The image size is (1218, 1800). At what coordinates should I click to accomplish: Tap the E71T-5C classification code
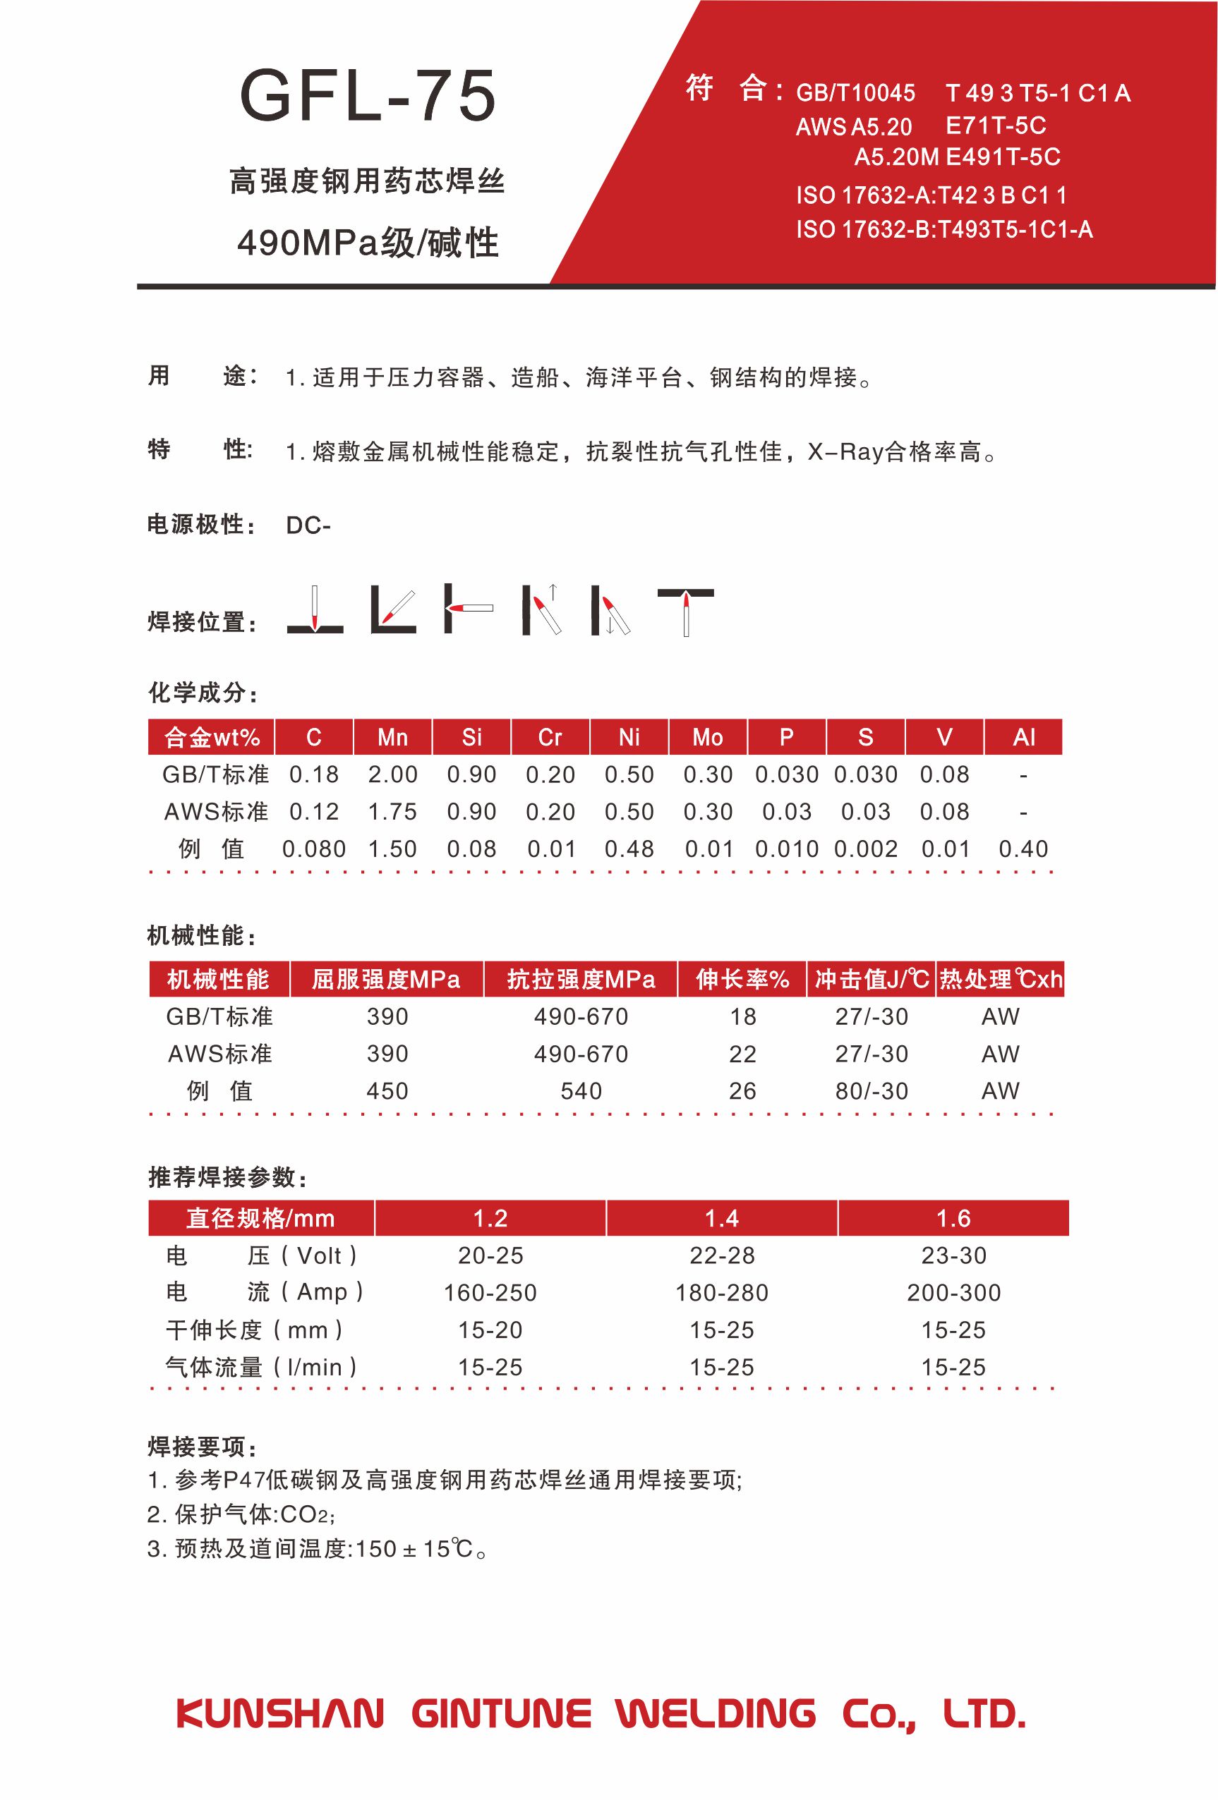995,126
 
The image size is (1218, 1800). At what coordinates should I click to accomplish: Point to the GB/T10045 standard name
855,94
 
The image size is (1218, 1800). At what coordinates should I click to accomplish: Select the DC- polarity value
308,525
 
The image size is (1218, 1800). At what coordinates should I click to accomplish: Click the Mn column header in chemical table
392,737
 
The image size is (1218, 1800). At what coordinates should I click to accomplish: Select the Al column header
1023,737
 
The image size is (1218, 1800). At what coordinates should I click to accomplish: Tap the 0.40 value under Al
1023,849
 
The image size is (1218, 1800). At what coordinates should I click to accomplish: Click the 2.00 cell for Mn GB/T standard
392,774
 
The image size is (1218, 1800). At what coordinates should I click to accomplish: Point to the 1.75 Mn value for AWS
392,812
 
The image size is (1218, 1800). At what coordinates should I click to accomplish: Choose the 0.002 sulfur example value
865,849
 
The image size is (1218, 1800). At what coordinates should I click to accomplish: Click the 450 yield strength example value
387,1091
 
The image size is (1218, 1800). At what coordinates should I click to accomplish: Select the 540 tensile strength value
580,1091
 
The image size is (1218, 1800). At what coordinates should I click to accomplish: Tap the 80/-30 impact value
871,1091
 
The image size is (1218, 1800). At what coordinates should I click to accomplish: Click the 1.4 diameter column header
721,1218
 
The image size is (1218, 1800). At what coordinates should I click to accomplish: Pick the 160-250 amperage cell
490,1293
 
